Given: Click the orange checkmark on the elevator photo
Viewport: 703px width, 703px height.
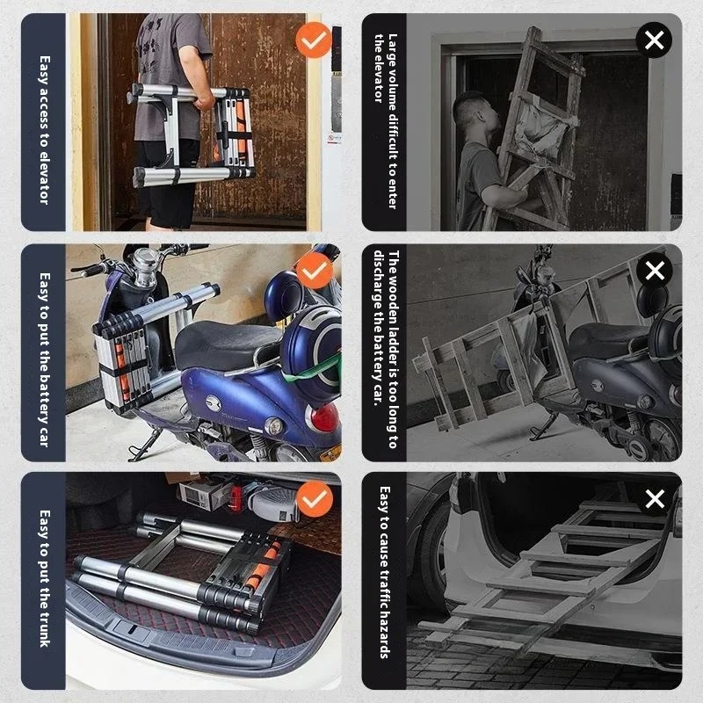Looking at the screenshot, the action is (x=314, y=40).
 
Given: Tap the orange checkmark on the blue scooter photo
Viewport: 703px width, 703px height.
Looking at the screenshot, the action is (x=315, y=271).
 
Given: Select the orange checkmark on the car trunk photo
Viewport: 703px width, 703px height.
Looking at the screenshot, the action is (x=315, y=498).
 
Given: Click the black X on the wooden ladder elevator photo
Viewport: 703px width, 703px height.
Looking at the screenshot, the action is (x=654, y=40).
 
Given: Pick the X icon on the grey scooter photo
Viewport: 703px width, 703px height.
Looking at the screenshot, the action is (x=655, y=271).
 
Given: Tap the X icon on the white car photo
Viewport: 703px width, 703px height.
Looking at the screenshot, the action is (x=655, y=498).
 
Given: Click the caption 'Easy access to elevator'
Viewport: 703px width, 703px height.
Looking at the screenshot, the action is (x=44, y=130).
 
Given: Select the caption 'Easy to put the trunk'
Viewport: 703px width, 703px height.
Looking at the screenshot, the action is (x=44, y=578).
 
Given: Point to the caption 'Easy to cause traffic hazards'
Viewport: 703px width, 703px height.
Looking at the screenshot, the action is (x=384, y=572).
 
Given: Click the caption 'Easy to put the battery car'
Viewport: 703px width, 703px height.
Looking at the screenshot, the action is (x=44, y=359).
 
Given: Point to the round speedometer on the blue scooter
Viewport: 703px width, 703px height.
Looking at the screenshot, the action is (x=147, y=260).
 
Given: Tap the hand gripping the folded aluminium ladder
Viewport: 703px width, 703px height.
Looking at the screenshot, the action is (x=205, y=101).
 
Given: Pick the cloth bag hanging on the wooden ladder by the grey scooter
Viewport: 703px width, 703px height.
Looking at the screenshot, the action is (x=529, y=346).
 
